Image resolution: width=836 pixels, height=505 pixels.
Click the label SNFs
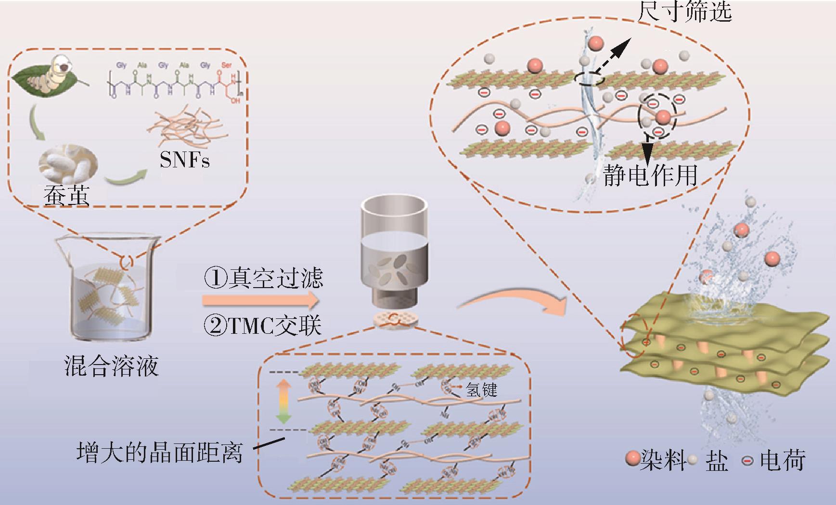coord(185,159)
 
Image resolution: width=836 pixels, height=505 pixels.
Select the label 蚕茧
coord(66,196)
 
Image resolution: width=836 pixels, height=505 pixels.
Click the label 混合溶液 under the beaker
coord(111,366)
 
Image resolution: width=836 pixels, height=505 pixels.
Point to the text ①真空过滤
coord(263,278)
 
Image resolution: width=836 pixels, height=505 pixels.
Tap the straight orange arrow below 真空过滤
coord(260,301)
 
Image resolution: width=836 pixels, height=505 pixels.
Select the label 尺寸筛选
coord(684,12)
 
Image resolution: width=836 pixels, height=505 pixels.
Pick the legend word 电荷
coord(783,460)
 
